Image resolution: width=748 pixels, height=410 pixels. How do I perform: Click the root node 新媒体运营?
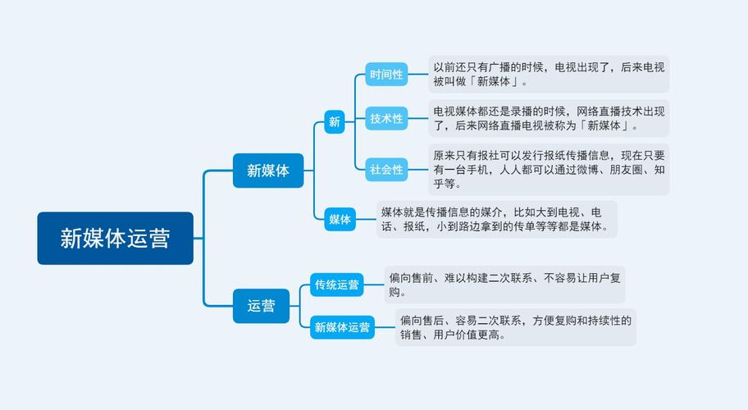pos(115,238)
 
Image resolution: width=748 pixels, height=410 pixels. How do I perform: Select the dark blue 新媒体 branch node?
pos(267,171)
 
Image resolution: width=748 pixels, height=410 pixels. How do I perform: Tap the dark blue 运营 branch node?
pos(262,306)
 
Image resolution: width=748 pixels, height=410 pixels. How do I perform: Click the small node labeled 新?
pos(334,122)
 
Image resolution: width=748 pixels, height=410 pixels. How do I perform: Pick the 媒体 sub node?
pos(340,219)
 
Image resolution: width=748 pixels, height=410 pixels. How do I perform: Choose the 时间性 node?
pos(386,75)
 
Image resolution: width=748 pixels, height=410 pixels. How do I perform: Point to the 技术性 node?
pos(386,119)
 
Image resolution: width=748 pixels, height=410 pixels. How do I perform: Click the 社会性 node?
pos(386,170)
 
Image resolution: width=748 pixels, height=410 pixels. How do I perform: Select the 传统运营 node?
pos(337,285)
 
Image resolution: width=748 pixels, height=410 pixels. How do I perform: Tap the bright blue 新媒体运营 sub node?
pos(342,327)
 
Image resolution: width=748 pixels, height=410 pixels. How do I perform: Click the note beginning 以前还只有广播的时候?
pos(549,74)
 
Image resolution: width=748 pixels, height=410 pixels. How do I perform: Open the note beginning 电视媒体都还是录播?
pos(549,118)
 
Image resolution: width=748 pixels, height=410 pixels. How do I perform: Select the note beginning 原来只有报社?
pos(549,170)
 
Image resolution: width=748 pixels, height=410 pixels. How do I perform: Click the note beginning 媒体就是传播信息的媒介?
pos(496,219)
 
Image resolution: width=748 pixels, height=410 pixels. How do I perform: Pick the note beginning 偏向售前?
pos(504,285)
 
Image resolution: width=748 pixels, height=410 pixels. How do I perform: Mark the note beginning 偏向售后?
pos(515,327)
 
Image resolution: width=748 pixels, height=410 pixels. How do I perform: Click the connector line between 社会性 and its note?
pos(418,170)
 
